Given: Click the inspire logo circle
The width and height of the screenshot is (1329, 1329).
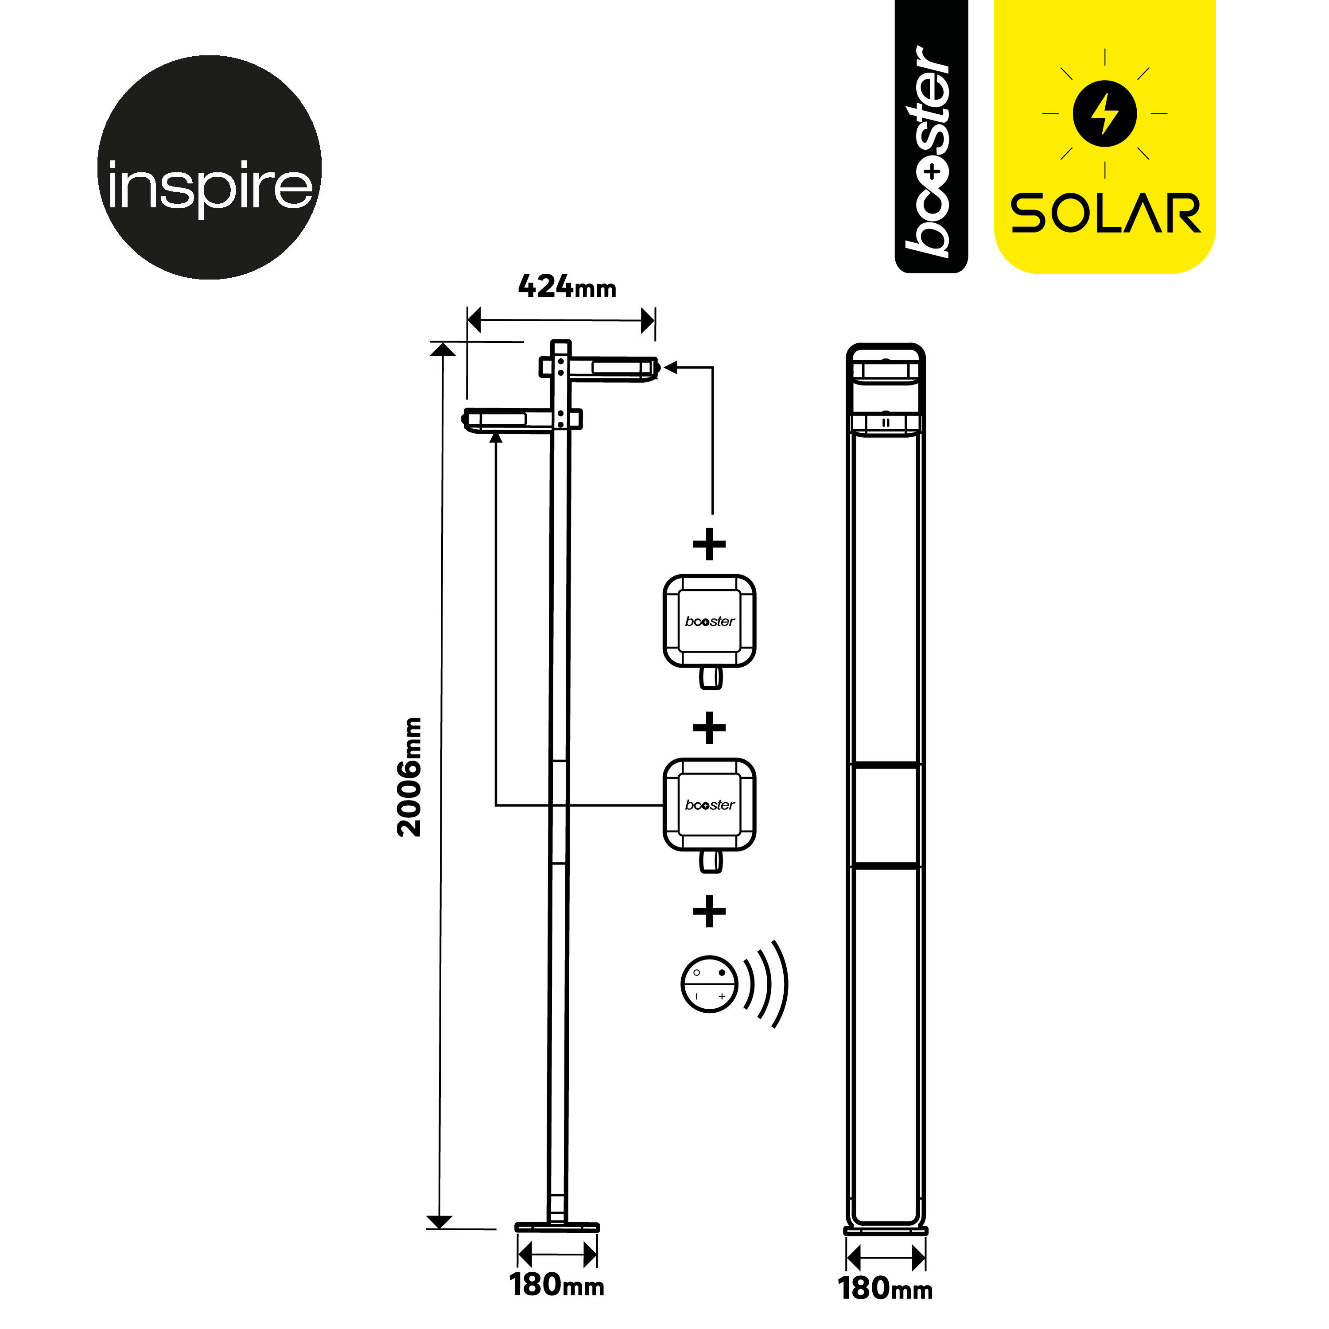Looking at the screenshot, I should pos(210,167).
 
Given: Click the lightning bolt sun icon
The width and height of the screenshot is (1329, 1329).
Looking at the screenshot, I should pos(1105,113).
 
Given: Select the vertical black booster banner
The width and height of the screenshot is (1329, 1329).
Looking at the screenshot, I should pos(931,138).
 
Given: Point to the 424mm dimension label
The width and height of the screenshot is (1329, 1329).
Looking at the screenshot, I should pos(567,286).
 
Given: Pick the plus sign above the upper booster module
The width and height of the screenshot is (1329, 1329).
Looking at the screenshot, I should pos(709,545).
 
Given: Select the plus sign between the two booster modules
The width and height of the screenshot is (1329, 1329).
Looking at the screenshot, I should pos(709,728).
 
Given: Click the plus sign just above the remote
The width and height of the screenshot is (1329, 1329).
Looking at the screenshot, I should pos(709,912).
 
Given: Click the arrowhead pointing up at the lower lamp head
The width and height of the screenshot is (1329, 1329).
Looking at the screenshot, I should pos(495,438).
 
